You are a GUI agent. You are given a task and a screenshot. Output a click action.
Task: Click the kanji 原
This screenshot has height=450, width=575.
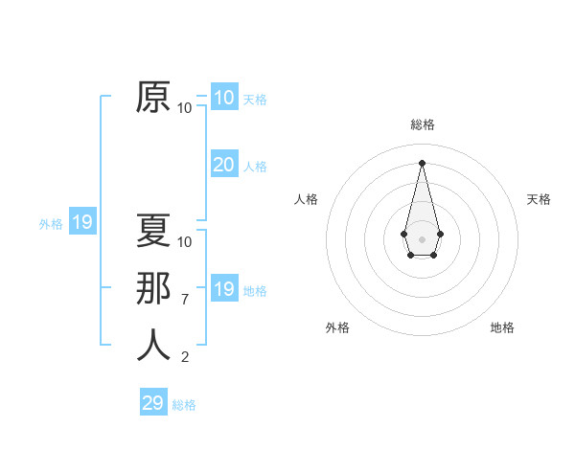[154, 98]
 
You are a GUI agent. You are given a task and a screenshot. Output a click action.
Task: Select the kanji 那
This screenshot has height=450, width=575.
[154, 288]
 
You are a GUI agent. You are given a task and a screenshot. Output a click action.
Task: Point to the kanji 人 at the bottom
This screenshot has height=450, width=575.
[154, 345]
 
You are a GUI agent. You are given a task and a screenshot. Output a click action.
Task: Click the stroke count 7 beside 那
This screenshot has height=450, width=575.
[185, 300]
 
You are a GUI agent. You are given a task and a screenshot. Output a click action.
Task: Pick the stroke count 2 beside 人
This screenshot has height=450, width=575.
[185, 357]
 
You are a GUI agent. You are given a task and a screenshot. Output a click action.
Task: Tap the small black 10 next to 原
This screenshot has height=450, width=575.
[185, 108]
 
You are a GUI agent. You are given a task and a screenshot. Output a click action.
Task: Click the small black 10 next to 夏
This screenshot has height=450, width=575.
[185, 241]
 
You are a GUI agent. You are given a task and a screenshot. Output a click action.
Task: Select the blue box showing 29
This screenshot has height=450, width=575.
[153, 403]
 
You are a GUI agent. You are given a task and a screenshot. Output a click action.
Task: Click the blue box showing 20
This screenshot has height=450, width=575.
[223, 165]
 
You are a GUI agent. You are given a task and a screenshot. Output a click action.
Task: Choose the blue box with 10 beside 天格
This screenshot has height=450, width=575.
[223, 98]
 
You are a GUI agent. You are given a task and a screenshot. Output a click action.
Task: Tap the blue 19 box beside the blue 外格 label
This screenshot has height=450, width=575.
[82, 223]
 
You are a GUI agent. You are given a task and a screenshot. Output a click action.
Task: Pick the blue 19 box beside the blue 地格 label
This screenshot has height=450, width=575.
[223, 289]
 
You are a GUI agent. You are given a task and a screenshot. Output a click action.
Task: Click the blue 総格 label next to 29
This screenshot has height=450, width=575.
[184, 405]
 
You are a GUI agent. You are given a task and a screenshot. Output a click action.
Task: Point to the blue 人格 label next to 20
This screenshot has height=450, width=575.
[255, 167]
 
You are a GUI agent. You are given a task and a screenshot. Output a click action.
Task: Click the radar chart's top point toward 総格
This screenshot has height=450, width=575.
[422, 162]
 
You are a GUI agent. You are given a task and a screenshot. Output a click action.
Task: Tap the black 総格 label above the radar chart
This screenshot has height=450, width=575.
[423, 124]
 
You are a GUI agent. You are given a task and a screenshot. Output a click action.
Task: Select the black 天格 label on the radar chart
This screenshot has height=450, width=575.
[539, 199]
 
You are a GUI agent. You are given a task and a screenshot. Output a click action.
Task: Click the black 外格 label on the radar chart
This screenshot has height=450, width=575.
[337, 327]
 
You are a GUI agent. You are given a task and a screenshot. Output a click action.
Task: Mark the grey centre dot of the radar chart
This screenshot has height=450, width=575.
[423, 238]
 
